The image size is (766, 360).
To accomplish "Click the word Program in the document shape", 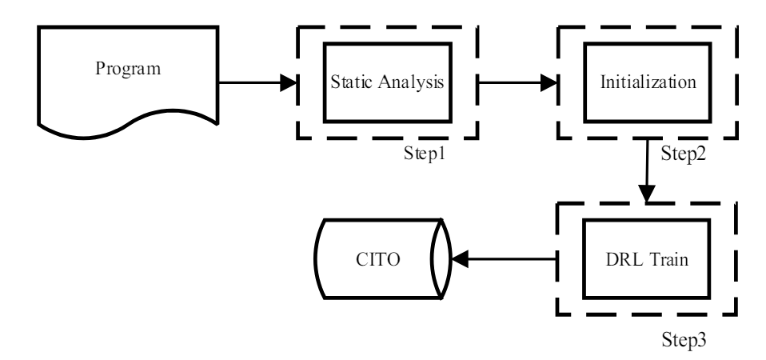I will [128, 67].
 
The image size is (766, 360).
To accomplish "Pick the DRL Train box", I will [647, 260].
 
